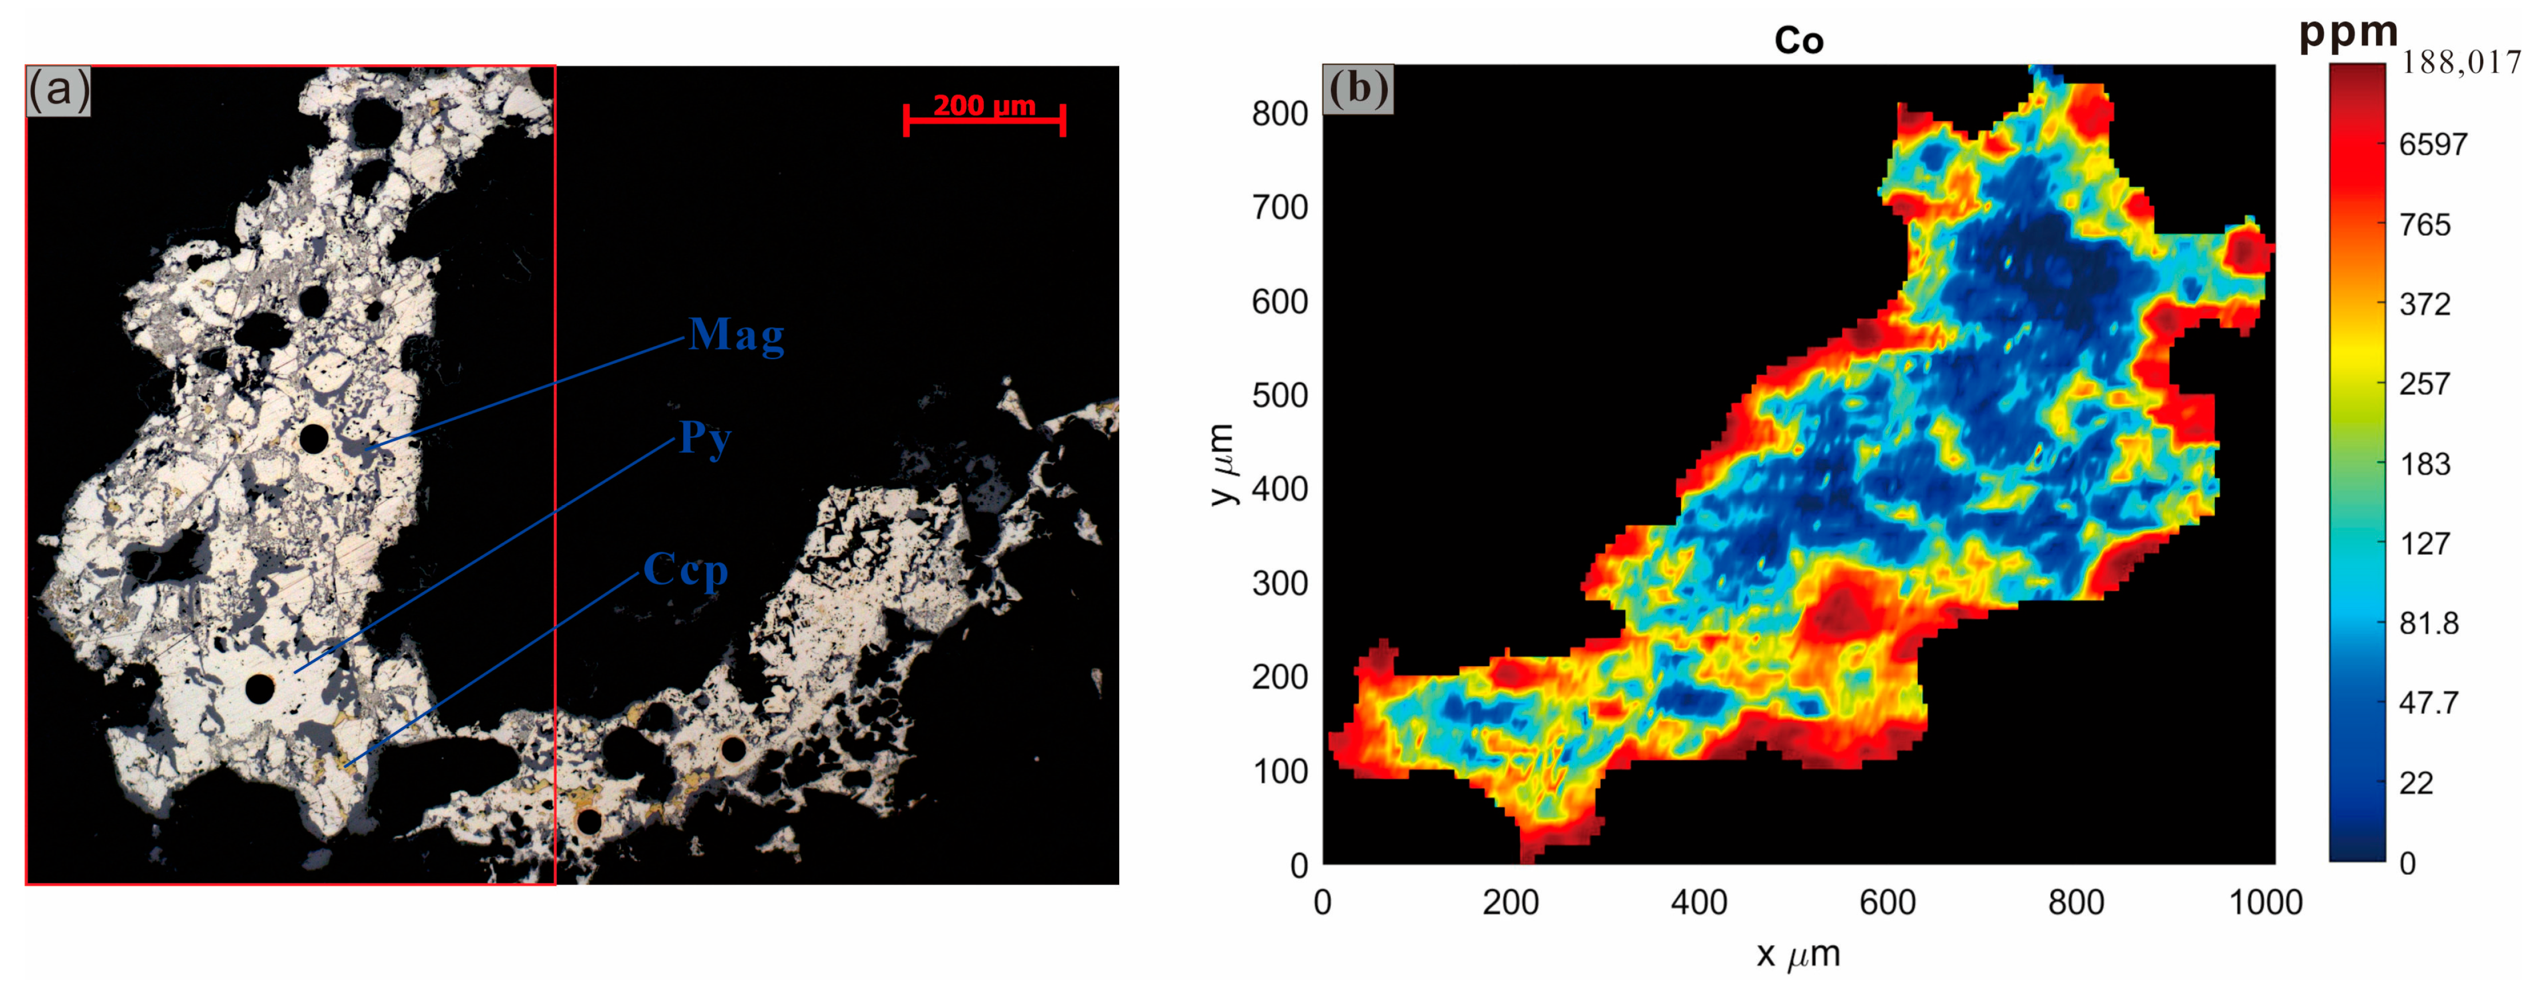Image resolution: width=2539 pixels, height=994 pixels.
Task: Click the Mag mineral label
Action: click(736, 335)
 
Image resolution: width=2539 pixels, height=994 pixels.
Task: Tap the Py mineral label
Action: click(705, 437)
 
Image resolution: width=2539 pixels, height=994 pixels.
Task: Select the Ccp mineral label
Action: click(685, 570)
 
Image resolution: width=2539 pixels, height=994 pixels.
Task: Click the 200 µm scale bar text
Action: click(984, 105)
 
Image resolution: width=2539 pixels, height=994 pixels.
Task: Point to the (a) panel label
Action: click(58, 91)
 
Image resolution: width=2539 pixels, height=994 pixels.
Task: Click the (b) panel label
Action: click(1357, 89)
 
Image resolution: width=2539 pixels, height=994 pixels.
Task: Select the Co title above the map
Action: click(1799, 41)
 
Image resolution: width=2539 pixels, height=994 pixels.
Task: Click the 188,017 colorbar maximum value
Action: click(2461, 63)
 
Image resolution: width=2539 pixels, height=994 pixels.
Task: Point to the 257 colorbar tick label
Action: click(2425, 384)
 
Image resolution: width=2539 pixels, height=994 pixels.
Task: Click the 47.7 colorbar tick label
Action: click(2429, 703)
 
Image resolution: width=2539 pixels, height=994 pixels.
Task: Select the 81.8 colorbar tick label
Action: click(2429, 623)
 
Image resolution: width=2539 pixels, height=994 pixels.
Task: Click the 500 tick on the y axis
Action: click(1280, 395)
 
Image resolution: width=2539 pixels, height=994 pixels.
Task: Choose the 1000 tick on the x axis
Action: click(2265, 902)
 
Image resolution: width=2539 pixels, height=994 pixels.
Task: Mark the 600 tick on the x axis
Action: click(1888, 902)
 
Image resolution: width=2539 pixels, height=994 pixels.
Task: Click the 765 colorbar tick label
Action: click(2425, 225)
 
